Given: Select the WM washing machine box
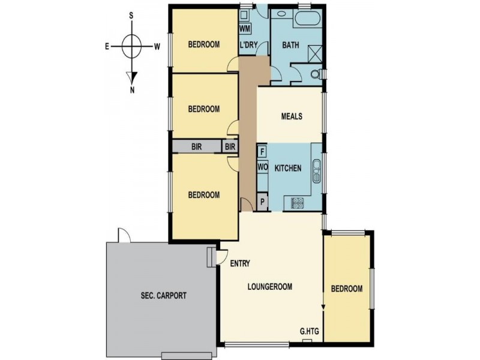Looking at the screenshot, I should coord(245,29).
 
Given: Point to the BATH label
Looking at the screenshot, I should coord(290,44).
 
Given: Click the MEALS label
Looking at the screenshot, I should coord(292,117).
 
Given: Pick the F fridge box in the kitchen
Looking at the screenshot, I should coord(262,151).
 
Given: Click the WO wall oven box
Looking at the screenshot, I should coord(262,167).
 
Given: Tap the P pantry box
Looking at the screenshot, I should coord(262,202).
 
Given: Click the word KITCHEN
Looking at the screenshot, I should coord(288,169).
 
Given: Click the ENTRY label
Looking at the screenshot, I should coord(240,263).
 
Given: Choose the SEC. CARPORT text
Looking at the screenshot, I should coord(160,296).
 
